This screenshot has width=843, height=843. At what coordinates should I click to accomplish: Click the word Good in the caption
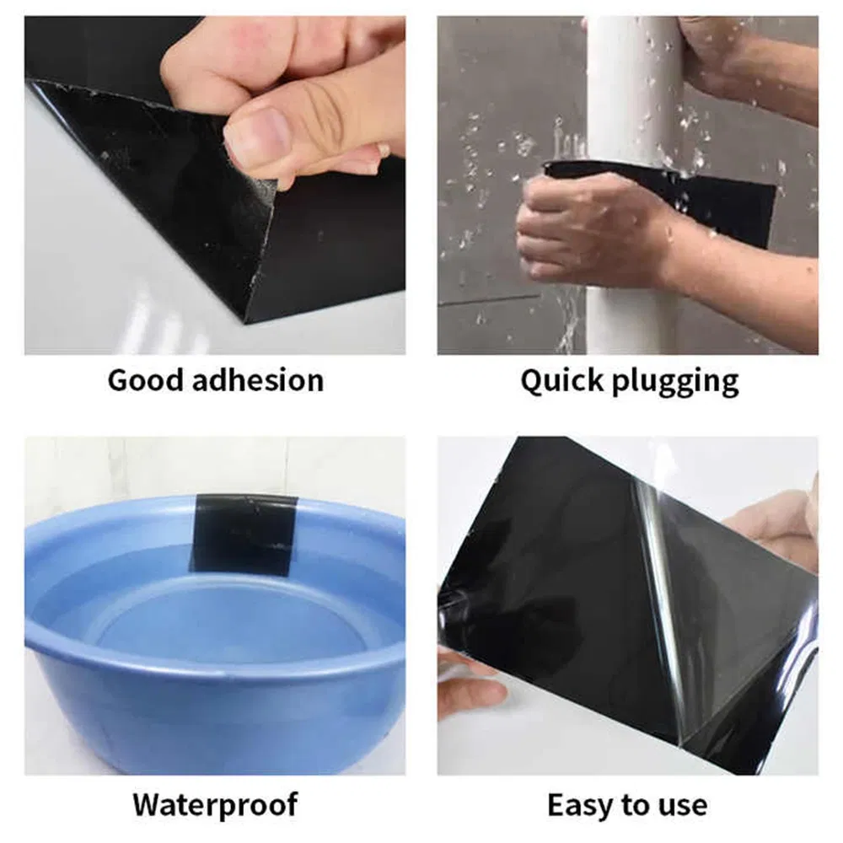(x=145, y=380)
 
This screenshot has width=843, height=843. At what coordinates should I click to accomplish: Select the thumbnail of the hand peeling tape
(x=215, y=185)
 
